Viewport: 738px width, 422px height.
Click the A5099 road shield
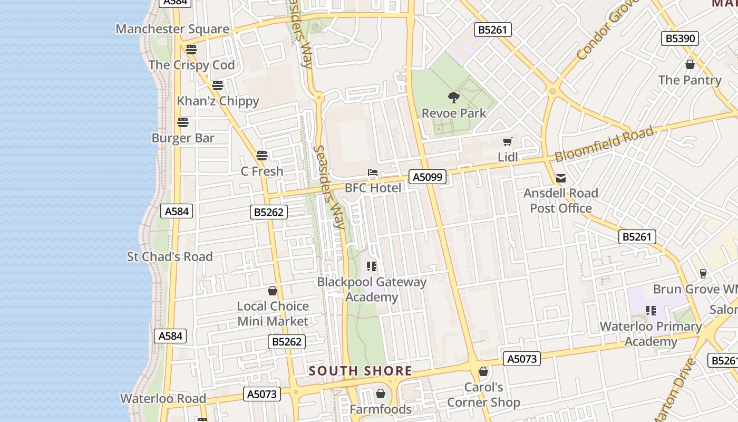[428, 177]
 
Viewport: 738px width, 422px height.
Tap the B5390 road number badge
[680, 39]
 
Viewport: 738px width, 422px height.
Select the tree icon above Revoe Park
[453, 98]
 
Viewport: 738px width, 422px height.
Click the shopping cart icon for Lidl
[508, 141]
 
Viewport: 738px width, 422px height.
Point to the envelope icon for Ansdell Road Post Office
[561, 178]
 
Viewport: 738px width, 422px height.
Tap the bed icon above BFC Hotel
[373, 172]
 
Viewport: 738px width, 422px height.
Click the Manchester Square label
[172, 29]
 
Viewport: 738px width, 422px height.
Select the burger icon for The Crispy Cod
[191, 50]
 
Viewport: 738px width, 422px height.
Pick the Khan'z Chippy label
[218, 101]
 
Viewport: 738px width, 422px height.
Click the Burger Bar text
[183, 138]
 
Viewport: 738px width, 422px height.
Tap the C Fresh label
[262, 171]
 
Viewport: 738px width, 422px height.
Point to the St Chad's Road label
[170, 257]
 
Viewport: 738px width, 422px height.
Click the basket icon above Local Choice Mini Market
[273, 291]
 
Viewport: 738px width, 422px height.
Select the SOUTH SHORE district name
[361, 371]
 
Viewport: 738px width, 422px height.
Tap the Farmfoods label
[381, 409]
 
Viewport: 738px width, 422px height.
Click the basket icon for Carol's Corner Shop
[483, 372]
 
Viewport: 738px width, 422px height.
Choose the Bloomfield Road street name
[604, 144]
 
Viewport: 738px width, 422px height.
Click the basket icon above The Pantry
[690, 65]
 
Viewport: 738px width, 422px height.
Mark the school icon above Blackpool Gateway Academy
[372, 266]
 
